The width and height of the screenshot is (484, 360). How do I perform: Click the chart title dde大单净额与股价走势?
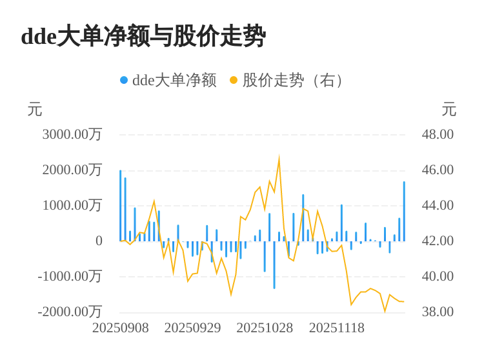tap(143, 37)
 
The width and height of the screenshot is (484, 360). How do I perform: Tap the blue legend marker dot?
tap(124, 81)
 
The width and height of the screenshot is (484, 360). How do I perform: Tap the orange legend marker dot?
tap(234, 81)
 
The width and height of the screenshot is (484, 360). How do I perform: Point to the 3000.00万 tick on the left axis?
tap(72, 135)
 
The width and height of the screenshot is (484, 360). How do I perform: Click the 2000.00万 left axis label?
tap(72, 170)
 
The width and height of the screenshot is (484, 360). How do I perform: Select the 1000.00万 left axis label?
tap(72, 206)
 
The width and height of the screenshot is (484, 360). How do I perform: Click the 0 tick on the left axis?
tap(99, 241)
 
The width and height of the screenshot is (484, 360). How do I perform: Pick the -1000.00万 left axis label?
tap(70, 277)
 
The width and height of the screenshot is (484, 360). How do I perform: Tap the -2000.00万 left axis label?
tap(70, 312)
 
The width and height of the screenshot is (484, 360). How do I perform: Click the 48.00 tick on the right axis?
tap(438, 135)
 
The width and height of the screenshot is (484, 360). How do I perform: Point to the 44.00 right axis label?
tap(438, 206)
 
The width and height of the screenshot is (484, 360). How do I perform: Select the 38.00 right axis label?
tap(438, 312)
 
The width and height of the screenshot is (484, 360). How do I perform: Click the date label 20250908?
tap(121, 328)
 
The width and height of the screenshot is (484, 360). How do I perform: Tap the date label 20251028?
tap(265, 328)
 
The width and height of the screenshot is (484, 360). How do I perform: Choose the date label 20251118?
tap(337, 328)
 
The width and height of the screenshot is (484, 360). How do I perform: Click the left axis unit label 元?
tap(35, 110)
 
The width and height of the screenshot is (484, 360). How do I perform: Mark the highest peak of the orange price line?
tap(279, 157)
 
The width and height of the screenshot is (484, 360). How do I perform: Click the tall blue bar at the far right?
tap(404, 211)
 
